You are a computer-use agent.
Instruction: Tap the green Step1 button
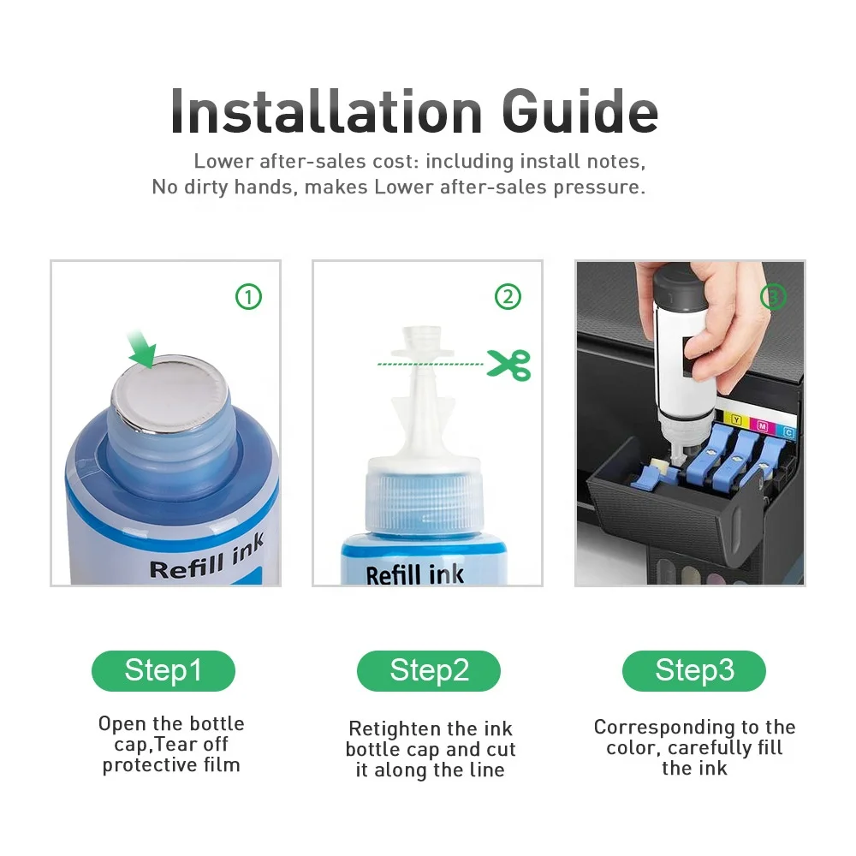pos(163,670)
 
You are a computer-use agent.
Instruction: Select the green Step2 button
pos(429,670)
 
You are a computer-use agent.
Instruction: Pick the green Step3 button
pos(694,670)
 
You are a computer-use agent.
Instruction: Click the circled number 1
pos(248,297)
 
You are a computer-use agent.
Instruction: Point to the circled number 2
pos(508,297)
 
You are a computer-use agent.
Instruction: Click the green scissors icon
pos(508,365)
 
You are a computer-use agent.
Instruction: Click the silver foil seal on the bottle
pos(169,392)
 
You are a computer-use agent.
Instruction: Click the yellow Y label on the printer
pos(736,419)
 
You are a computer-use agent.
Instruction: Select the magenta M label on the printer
pos(763,426)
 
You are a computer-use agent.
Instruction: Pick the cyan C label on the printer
pos(788,432)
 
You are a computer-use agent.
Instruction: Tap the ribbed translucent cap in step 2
pos(424,496)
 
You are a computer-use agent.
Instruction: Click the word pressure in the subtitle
pos(599,187)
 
